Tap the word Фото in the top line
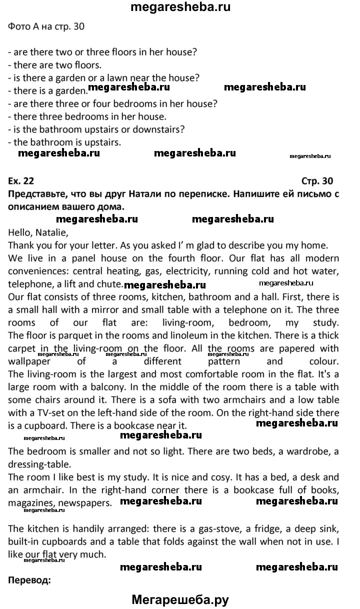click(20, 26)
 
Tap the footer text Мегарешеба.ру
click(180, 599)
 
